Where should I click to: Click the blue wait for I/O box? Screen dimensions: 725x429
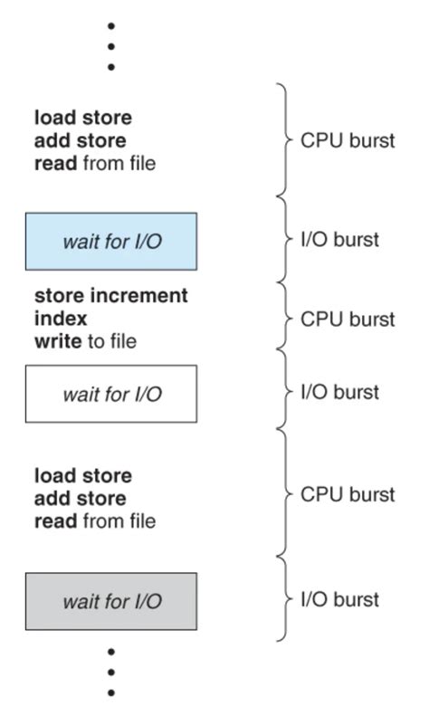point(110,241)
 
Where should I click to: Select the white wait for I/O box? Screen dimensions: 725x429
point(110,394)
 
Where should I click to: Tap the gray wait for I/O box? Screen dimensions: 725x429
point(110,601)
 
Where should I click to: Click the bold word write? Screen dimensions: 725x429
point(54,341)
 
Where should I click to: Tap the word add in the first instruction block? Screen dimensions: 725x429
point(52,141)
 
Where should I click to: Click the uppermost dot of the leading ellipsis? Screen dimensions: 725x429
point(110,26)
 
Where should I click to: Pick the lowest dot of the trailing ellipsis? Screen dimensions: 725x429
point(110,693)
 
